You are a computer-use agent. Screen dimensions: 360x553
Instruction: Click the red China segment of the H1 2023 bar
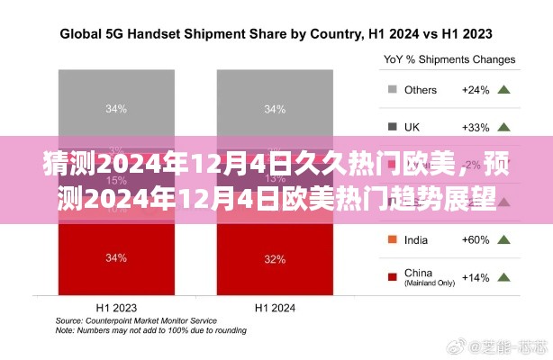click(115, 259)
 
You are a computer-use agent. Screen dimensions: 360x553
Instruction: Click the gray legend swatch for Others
click(392, 90)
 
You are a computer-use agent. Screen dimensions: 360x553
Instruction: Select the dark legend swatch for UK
click(392, 127)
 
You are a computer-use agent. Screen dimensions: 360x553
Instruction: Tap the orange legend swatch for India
click(392, 239)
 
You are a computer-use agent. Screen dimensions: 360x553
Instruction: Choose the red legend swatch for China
click(392, 276)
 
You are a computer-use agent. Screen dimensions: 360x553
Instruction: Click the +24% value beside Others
click(474, 90)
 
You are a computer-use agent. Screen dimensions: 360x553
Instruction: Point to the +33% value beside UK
click(474, 127)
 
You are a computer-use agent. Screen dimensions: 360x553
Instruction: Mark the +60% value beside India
click(474, 239)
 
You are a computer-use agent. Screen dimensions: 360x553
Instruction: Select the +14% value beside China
click(474, 276)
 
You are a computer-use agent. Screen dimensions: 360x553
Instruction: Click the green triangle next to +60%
click(504, 239)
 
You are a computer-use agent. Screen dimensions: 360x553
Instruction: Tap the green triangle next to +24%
click(504, 90)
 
